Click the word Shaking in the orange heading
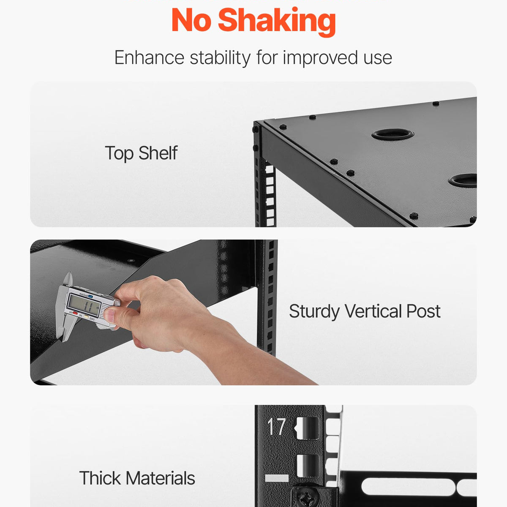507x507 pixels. (x=277, y=21)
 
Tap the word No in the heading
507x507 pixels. (x=191, y=20)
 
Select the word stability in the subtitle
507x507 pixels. (x=220, y=58)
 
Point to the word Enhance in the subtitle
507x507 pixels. (x=149, y=57)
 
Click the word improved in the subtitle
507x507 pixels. (x=320, y=58)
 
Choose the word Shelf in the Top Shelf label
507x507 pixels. (x=158, y=153)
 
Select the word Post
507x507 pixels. (x=424, y=311)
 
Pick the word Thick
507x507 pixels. (x=100, y=478)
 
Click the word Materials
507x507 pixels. (x=161, y=478)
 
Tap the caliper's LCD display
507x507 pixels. (x=84, y=305)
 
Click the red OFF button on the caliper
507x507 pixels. (x=75, y=313)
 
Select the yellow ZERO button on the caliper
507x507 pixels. (x=86, y=317)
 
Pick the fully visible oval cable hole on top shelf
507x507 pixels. (x=393, y=134)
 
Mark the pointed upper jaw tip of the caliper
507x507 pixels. (x=69, y=273)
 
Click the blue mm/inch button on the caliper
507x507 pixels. (x=90, y=296)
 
